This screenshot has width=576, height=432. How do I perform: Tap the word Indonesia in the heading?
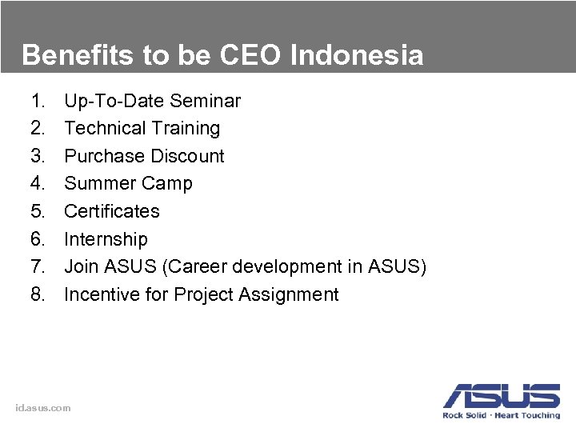356,55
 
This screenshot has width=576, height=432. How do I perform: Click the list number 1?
37,101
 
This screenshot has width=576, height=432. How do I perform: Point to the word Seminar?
206,101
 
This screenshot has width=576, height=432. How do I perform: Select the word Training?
186,128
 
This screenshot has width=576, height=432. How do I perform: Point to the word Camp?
166,183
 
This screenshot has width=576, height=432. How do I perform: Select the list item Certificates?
112,211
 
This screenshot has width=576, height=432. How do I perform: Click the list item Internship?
106,239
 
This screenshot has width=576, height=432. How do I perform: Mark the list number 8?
37,294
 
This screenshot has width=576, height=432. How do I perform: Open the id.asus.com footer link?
43,408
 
